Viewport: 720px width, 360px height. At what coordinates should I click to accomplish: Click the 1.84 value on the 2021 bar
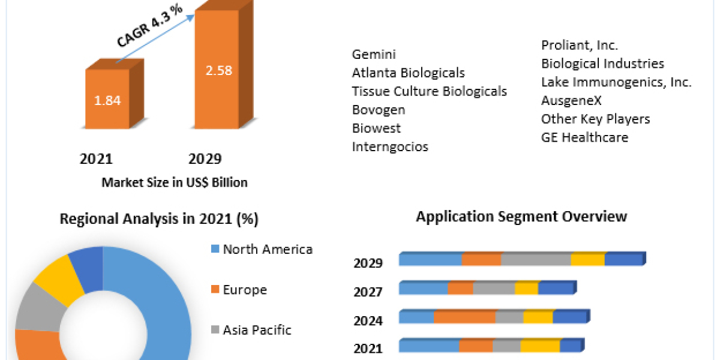pos(107,100)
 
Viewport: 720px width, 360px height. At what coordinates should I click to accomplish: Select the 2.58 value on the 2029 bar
pos(218,70)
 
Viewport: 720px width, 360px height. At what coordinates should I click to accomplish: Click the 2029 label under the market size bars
pos(205,159)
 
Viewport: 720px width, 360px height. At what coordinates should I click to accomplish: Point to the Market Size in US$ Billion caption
pos(174,182)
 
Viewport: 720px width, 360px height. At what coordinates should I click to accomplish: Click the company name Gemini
pos(374,55)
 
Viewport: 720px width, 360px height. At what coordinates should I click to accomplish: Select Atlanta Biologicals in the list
pos(408,73)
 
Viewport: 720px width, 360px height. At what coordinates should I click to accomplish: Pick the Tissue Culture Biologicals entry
pos(429,91)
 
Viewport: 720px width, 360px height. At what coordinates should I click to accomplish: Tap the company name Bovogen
pos(378,110)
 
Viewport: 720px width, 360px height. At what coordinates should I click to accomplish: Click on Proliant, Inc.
pos(580,45)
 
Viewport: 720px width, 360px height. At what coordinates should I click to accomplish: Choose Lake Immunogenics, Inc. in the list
pos(616,82)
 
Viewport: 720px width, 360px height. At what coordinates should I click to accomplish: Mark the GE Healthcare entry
pos(584,137)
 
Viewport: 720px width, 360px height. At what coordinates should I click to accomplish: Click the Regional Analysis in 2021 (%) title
pos(159,220)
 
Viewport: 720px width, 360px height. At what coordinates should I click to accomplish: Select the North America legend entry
pos(267,249)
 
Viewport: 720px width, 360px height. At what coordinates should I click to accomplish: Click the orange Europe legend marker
pos(214,290)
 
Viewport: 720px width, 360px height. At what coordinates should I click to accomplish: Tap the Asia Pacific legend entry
pos(257,329)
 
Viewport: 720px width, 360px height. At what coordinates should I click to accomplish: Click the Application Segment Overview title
pos(521,217)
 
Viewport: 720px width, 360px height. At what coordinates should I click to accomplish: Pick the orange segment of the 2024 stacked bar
pos(464,317)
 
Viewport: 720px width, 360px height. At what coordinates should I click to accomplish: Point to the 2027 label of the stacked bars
pos(368,292)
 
